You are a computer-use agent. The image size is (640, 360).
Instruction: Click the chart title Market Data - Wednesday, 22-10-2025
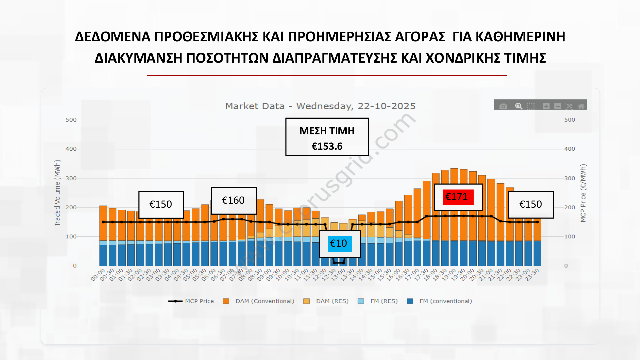click(x=320, y=106)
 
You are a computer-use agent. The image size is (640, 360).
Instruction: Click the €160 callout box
click(x=233, y=200)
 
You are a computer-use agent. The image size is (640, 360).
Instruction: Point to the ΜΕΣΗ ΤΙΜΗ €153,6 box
click(x=327, y=137)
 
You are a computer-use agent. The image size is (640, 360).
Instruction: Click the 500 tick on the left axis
click(x=71, y=120)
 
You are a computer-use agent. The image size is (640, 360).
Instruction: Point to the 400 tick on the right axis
click(x=569, y=149)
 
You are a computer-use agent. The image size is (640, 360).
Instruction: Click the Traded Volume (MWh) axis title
click(x=57, y=193)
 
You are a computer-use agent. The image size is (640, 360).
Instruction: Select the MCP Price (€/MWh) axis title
click(x=583, y=193)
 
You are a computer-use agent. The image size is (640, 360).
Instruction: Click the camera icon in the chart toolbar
click(x=503, y=106)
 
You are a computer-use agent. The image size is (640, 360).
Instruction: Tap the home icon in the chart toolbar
click(x=581, y=106)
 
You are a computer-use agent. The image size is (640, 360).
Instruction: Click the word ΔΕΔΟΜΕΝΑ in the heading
click(x=113, y=37)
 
